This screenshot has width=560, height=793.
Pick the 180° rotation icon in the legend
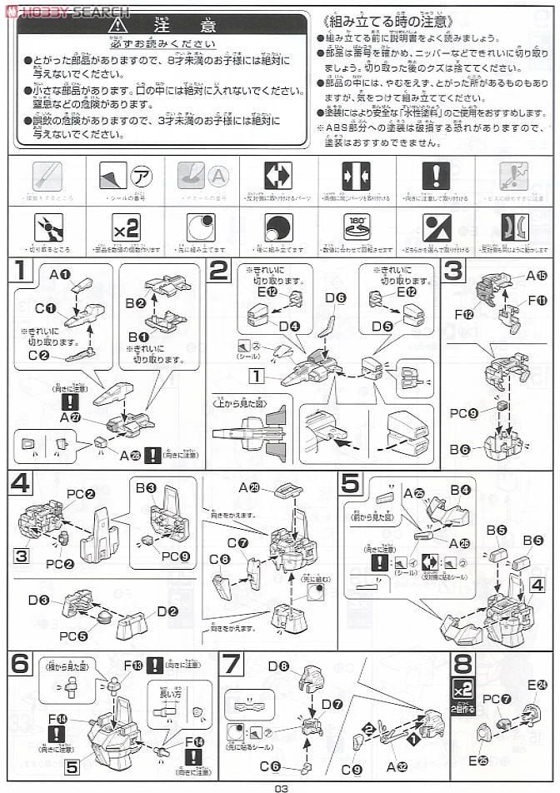tap(356, 227)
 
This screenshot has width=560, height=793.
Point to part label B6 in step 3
tap(459, 451)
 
